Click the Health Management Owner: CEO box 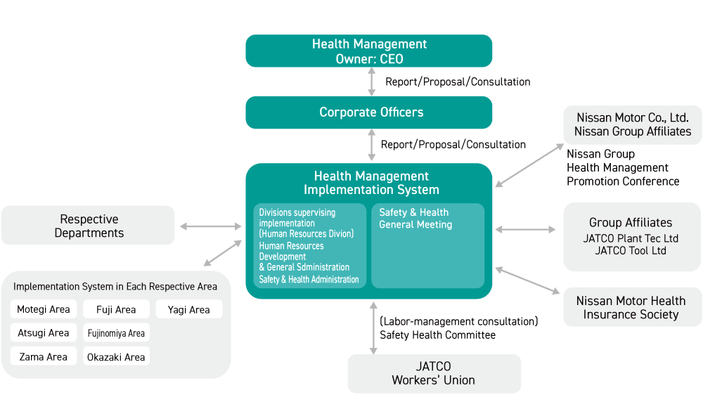(x=369, y=51)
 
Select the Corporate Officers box (x=369, y=112)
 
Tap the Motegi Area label (x=44, y=309)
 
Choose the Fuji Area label (x=116, y=309)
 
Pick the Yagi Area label (x=189, y=309)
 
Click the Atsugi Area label (x=44, y=332)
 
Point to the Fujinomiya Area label (x=116, y=332)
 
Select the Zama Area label (x=44, y=356)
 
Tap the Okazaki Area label (x=116, y=356)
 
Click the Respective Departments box (x=88, y=226)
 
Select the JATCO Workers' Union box (x=434, y=374)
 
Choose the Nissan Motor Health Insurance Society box (x=631, y=307)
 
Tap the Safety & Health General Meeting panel (x=427, y=245)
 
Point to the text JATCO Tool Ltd (x=631, y=251)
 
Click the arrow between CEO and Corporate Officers (x=371, y=82)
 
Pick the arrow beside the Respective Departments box (x=210, y=226)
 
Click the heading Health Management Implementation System (x=371, y=183)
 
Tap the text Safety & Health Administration (x=309, y=280)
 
